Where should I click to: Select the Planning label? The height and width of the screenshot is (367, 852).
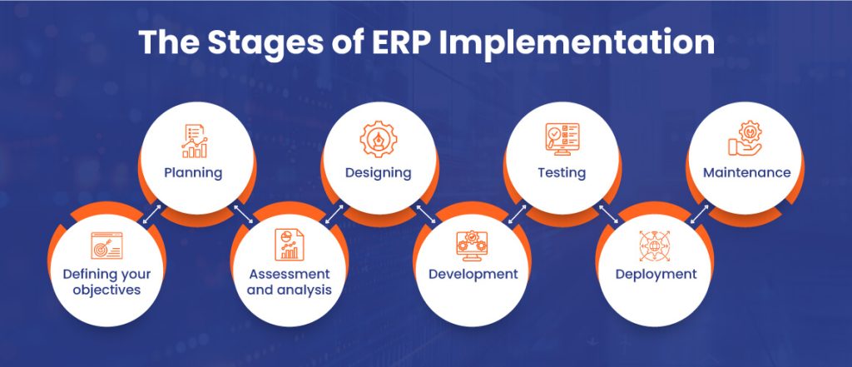tap(194, 173)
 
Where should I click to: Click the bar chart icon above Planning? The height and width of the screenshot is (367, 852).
tap(194, 141)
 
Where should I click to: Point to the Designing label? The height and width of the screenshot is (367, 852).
tap(379, 173)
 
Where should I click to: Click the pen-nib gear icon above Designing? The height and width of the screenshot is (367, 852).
tap(379, 140)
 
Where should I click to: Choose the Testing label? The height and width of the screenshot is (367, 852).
tap(562, 173)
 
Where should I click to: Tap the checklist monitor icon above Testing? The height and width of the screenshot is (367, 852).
tap(562, 141)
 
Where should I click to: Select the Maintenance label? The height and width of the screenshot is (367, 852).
tap(746, 173)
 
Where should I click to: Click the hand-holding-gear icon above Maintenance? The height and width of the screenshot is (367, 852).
tap(745, 140)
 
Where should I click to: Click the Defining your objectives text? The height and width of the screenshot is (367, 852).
tap(102, 281)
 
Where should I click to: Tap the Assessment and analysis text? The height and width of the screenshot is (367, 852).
tap(289, 281)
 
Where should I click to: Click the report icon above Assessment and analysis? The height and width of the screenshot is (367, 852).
tap(288, 245)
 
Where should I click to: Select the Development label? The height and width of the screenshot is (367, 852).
tap(473, 274)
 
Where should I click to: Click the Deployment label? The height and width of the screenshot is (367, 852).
tap(656, 274)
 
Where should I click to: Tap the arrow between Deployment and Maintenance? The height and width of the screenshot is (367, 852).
tap(700, 214)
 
